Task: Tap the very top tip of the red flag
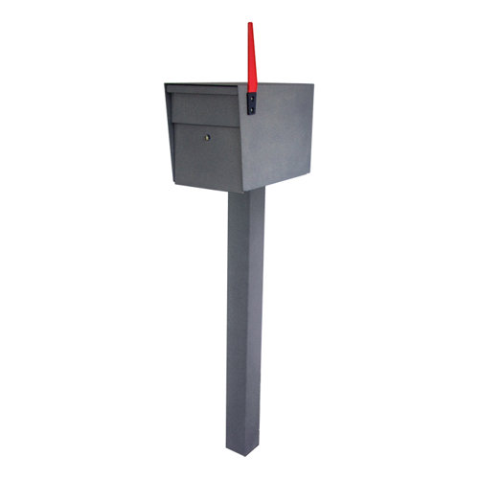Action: click(250, 24)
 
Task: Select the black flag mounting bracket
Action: click(252, 103)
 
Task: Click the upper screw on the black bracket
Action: click(252, 97)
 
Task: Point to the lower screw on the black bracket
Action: click(252, 109)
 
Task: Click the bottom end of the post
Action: click(242, 448)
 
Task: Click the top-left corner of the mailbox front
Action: click(166, 85)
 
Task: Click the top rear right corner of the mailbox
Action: click(313, 83)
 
